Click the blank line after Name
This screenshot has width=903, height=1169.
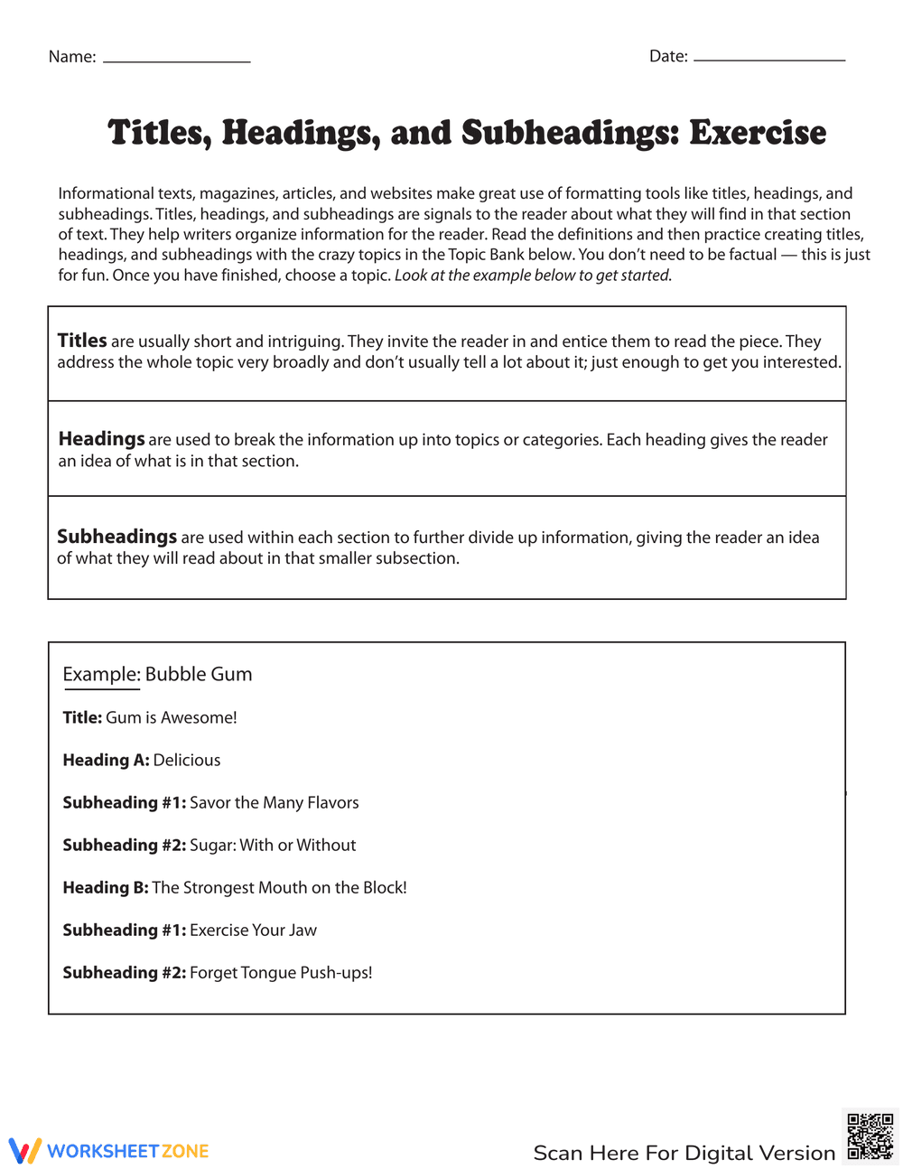[177, 61]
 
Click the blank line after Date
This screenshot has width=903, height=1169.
[769, 60]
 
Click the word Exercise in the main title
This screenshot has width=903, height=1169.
[758, 133]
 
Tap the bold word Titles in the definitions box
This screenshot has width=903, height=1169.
[82, 341]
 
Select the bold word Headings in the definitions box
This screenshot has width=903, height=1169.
[101, 439]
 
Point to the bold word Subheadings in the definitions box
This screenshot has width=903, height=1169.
[116, 537]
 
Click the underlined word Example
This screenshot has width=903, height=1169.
[101, 674]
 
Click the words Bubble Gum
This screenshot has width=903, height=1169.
[199, 674]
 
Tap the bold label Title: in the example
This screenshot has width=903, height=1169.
[82, 717]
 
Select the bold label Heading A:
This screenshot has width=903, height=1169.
[106, 760]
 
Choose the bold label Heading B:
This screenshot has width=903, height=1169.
[106, 887]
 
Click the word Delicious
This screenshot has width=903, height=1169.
[187, 760]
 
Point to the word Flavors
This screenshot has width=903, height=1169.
[333, 802]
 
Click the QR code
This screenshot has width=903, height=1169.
[870, 1136]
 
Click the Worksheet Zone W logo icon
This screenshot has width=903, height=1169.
[25, 1151]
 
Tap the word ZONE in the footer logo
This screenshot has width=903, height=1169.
[185, 1151]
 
